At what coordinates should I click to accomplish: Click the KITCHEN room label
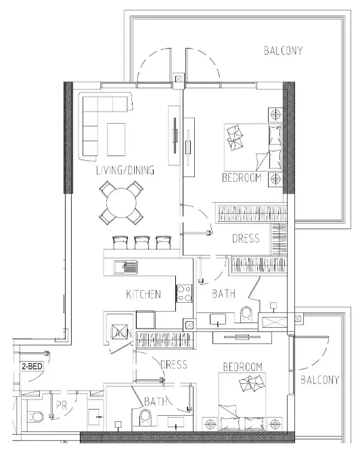coord(143,294)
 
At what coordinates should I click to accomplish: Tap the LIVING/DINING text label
coord(125,170)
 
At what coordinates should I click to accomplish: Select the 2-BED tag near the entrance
coord(32,366)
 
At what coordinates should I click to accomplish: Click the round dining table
coord(121,203)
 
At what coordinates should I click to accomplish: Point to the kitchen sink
coord(125,266)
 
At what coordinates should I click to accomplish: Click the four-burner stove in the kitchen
coord(184,293)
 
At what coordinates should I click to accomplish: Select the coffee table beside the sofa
coord(116,140)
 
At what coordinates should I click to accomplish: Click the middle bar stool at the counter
coord(142,243)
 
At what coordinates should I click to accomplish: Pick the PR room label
coord(62,405)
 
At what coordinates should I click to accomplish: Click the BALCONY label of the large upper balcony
coord(284,51)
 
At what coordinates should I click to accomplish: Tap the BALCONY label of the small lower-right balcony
coord(320,380)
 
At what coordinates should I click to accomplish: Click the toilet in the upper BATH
coord(246,314)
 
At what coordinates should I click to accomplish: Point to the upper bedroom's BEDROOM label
coord(242,178)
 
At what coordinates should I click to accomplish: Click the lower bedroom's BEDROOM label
coord(243,366)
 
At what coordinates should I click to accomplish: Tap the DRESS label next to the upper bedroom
coord(246,239)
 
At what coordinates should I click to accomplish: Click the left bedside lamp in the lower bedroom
coord(210,424)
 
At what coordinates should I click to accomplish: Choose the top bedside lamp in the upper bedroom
coord(275,114)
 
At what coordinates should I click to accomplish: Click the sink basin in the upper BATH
coord(218,319)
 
